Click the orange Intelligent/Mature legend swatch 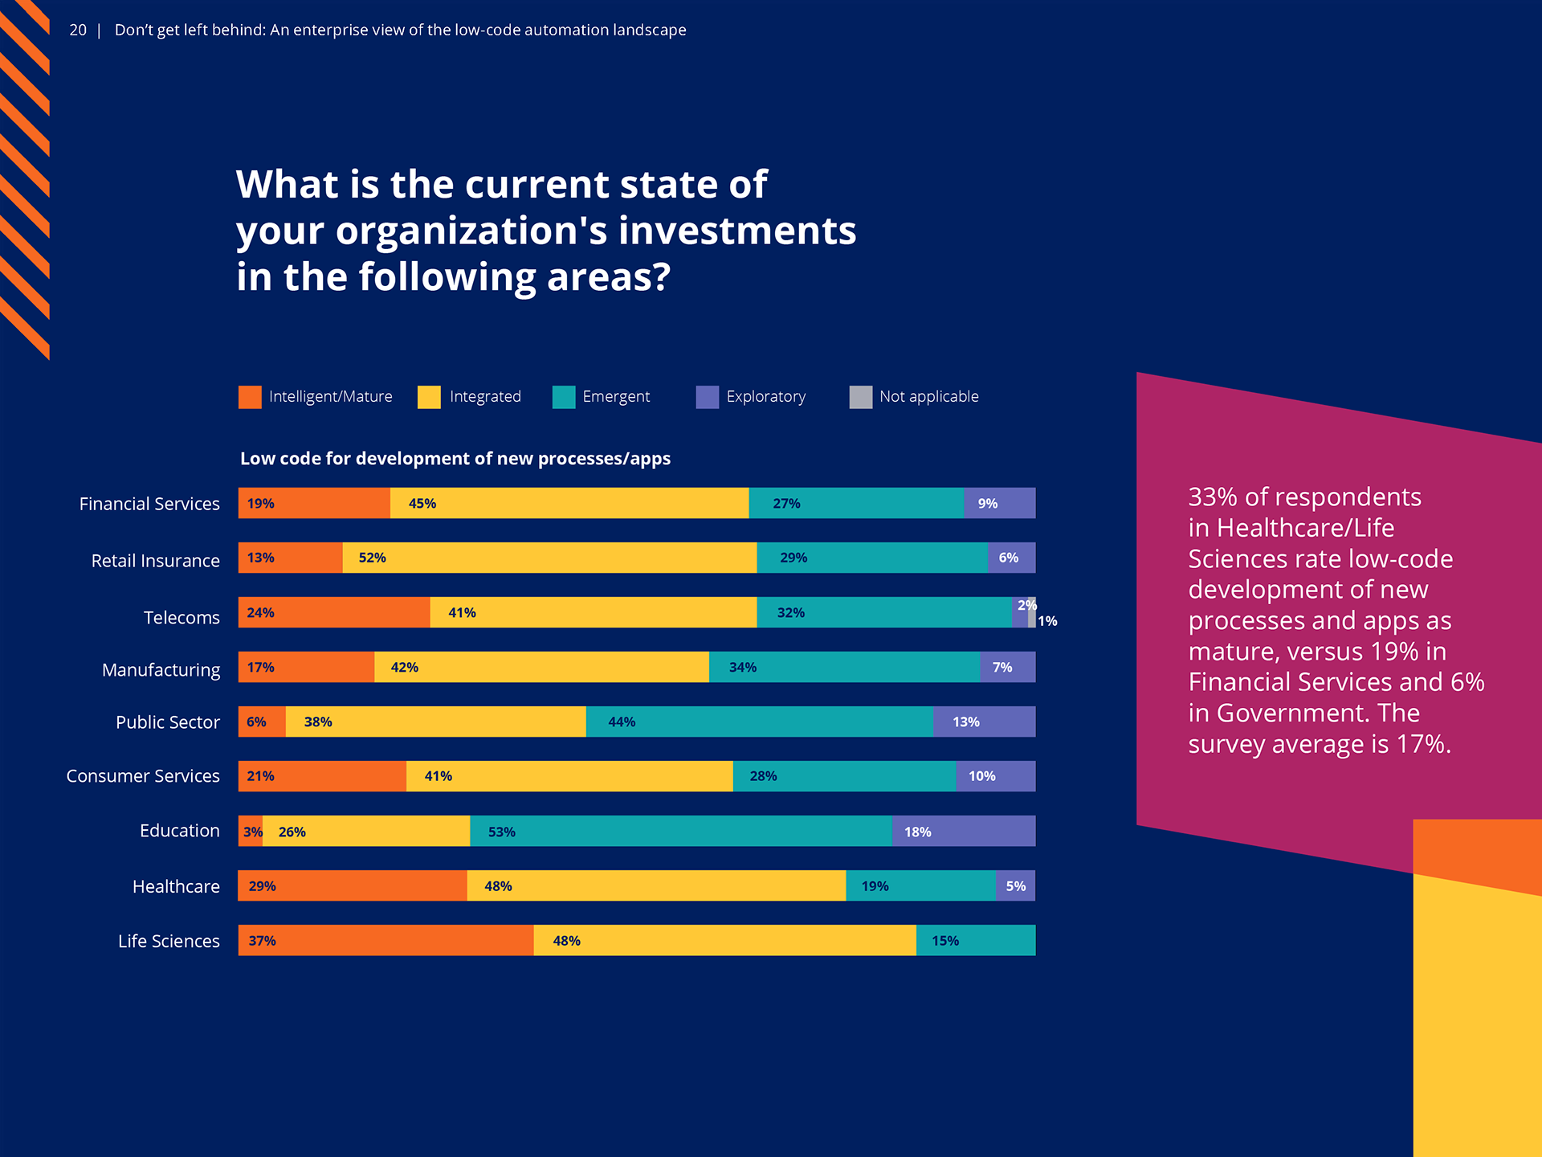[x=250, y=397]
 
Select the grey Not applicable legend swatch [x=860, y=397]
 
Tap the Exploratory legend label [x=765, y=397]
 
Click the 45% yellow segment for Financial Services [x=569, y=503]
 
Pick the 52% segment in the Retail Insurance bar [x=549, y=558]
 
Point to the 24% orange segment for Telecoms [x=334, y=612]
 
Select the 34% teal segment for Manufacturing [x=844, y=667]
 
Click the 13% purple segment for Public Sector [x=984, y=722]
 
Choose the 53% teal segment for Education [x=680, y=831]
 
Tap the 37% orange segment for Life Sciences [x=385, y=940]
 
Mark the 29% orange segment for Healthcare [x=353, y=885]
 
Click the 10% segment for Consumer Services [x=995, y=776]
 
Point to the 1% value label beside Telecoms [x=1047, y=621]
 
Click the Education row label [x=179, y=831]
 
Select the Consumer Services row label [x=143, y=776]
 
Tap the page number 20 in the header [x=78, y=31]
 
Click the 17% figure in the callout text [x=1423, y=744]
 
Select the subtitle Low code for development [x=455, y=459]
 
